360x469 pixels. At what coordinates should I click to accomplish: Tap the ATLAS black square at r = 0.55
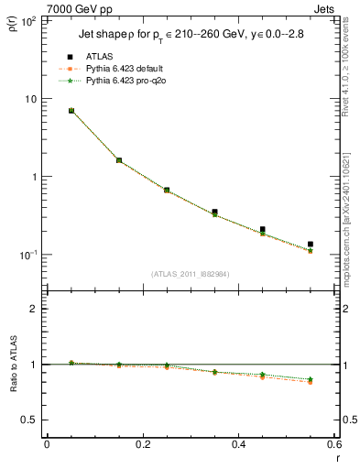pyautogui.click(x=311, y=245)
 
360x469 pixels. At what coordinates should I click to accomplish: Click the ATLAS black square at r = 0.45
pyautogui.click(x=262, y=230)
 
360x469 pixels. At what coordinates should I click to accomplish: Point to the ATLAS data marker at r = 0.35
pyautogui.click(x=214, y=212)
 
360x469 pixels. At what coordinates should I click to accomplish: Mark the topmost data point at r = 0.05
pyautogui.click(x=71, y=111)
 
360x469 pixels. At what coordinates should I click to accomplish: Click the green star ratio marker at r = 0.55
pyautogui.click(x=311, y=378)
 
